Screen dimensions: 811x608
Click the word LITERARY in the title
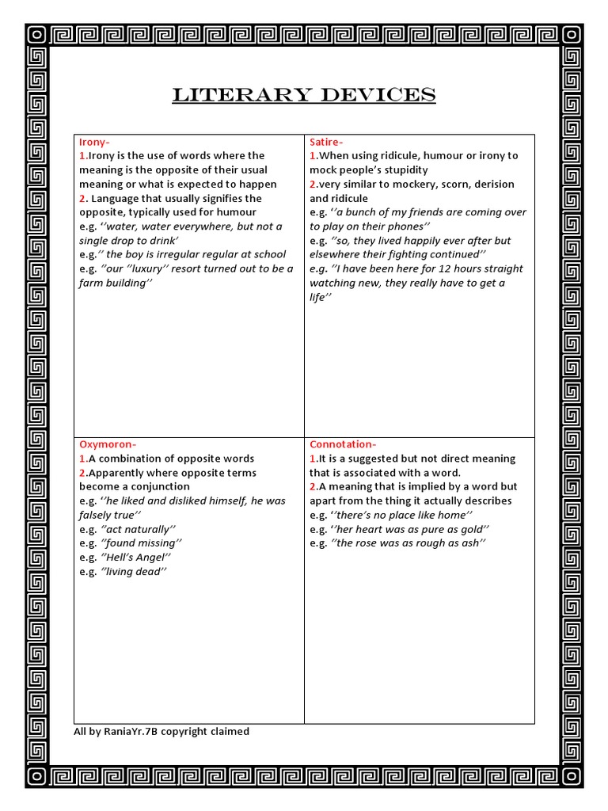(231, 96)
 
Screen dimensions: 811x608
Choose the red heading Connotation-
(343, 444)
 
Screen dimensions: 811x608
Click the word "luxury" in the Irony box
(153, 268)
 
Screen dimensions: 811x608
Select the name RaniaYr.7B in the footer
(130, 732)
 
